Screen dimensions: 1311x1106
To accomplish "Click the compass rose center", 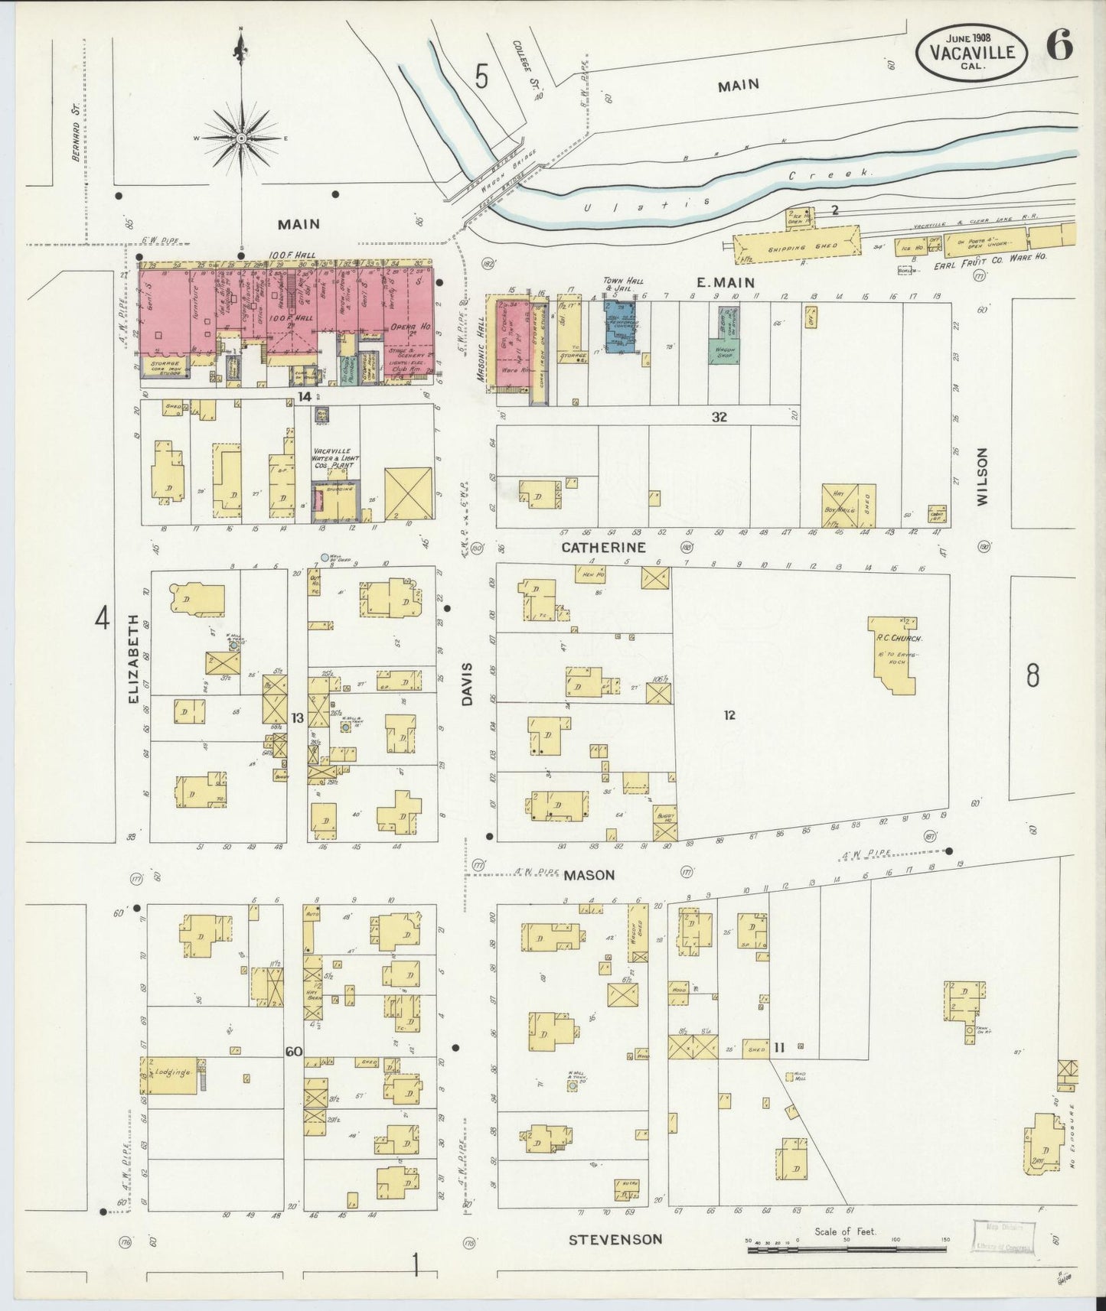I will tap(241, 138).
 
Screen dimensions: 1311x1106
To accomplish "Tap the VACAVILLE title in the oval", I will tap(973, 52).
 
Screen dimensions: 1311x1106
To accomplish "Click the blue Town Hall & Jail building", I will tap(620, 325).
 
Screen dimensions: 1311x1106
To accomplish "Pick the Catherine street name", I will tap(603, 548).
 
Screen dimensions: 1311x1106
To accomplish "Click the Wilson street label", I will tap(982, 477).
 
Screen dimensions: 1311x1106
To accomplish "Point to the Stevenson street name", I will tap(615, 1239).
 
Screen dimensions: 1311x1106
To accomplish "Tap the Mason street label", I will tap(589, 874).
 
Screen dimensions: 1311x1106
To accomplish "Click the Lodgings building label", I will tap(171, 1072).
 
